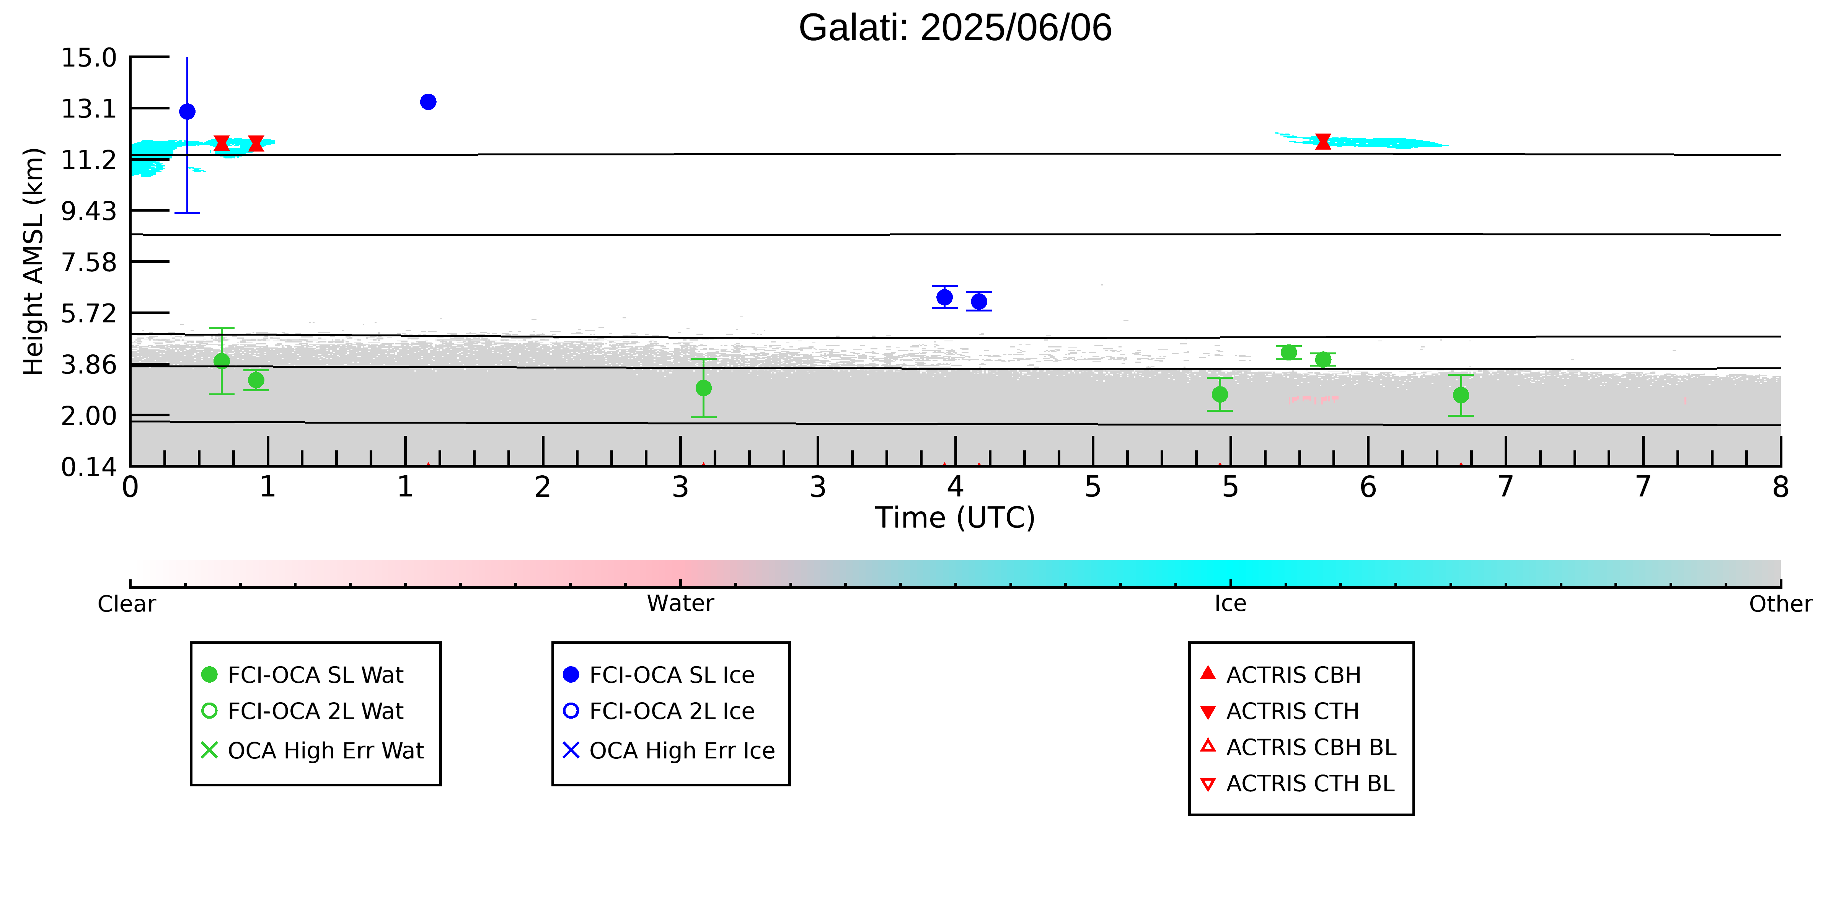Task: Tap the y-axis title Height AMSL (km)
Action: click(x=34, y=262)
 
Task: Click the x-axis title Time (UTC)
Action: click(x=955, y=517)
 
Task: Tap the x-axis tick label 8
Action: click(x=1781, y=488)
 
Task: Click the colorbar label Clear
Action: click(x=127, y=604)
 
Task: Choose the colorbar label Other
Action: click(x=1781, y=604)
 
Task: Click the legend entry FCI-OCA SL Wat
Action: click(x=303, y=674)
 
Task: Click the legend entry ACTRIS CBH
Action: click(x=1281, y=674)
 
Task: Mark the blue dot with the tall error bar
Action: click(x=188, y=111)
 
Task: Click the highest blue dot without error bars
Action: click(x=428, y=102)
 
